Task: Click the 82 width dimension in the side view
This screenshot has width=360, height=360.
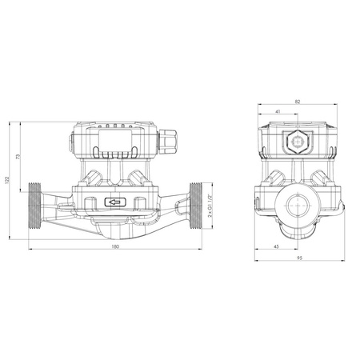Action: (x=298, y=102)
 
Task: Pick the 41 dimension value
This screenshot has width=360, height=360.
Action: (x=278, y=113)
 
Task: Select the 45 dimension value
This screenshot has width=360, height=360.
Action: (x=276, y=246)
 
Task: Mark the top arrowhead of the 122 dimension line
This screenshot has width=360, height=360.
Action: (x=11, y=123)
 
